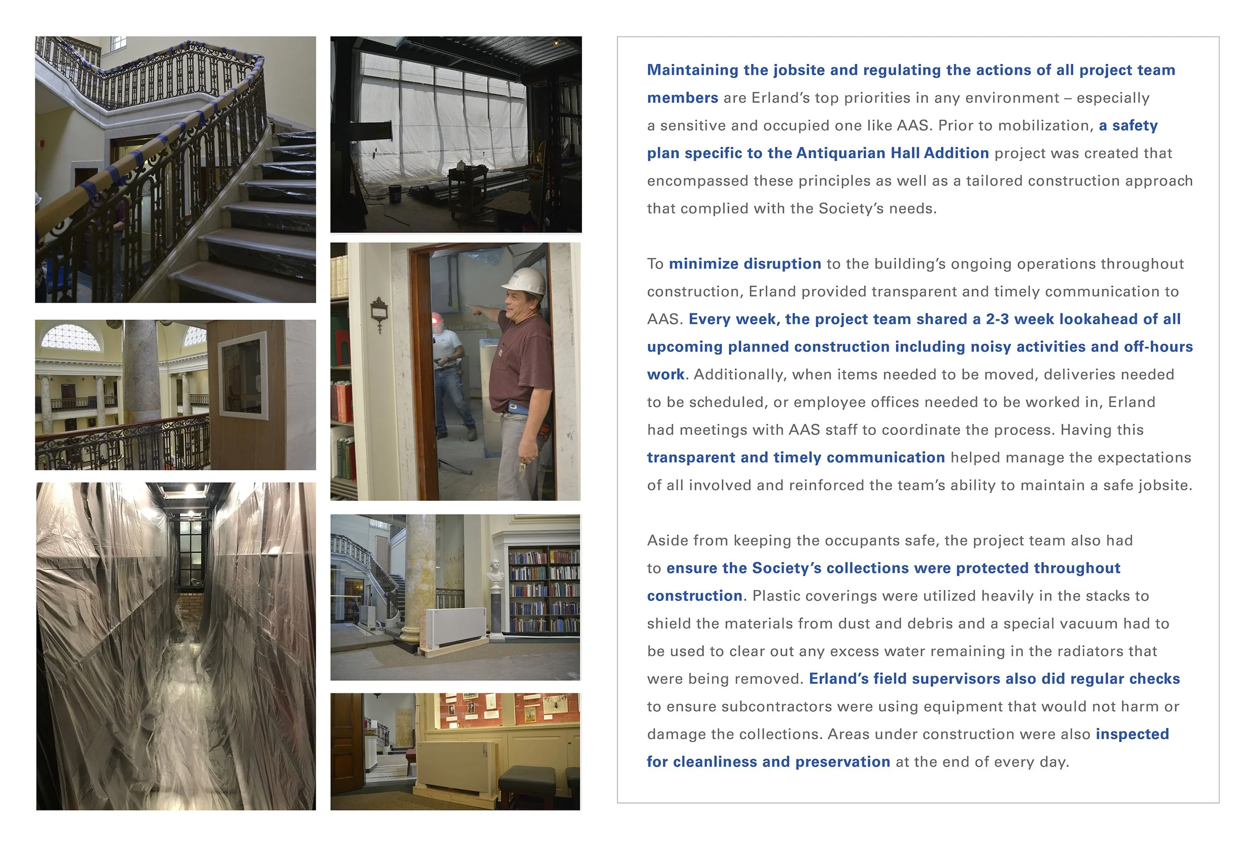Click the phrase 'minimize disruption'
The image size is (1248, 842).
point(745,263)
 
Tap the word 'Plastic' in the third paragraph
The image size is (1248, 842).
point(776,596)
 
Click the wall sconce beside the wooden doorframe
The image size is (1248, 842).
point(379,312)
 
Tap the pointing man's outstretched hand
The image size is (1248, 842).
point(473,308)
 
